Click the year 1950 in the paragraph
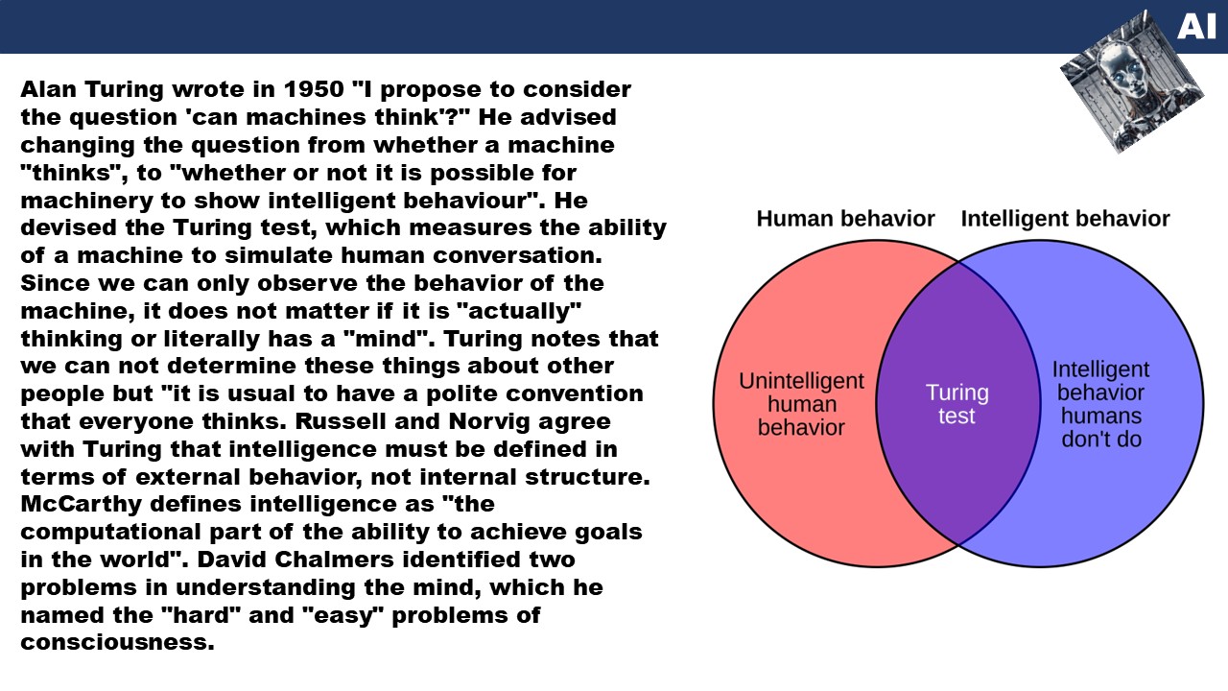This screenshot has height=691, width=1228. (314, 89)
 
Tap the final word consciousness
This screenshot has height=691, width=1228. (117, 642)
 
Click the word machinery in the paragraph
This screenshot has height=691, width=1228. (86, 202)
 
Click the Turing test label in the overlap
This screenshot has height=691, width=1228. (957, 404)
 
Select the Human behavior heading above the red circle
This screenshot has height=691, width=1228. (845, 219)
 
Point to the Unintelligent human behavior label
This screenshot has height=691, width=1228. (801, 404)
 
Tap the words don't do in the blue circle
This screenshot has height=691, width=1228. (1101, 440)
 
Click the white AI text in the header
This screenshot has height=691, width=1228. (1196, 26)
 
